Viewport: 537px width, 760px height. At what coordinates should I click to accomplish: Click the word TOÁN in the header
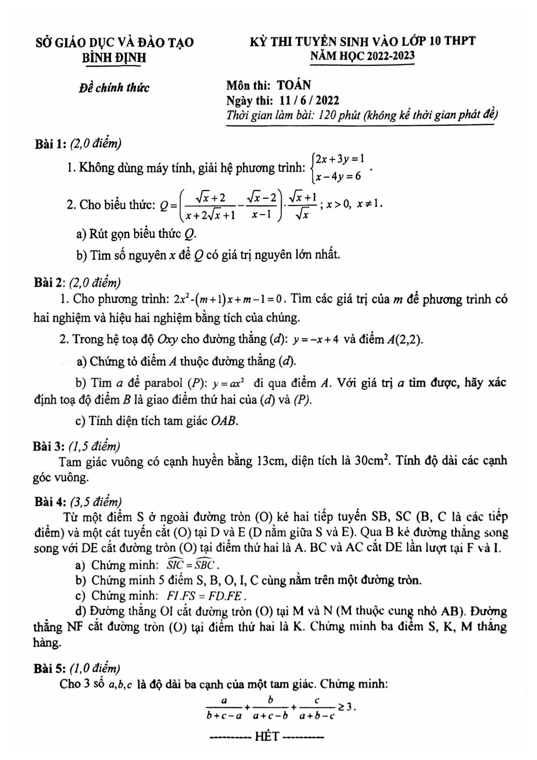point(294,85)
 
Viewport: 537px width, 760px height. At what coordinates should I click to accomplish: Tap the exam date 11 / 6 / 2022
point(309,100)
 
